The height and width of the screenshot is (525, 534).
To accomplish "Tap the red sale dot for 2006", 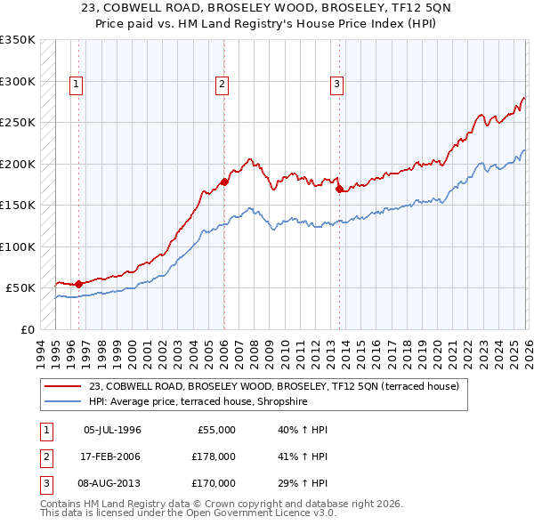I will (x=224, y=182).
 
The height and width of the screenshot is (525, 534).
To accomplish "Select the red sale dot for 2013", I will (x=340, y=189).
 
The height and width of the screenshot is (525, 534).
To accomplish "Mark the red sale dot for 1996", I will (x=78, y=284).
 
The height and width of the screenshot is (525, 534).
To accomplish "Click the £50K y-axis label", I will (x=20, y=288).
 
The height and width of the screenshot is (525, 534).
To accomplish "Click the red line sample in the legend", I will (x=63, y=386).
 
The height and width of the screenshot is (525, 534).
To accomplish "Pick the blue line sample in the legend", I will (x=63, y=401).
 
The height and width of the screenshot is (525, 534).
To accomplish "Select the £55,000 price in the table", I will (x=214, y=429).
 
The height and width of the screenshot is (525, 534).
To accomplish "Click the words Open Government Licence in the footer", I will (x=253, y=513).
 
